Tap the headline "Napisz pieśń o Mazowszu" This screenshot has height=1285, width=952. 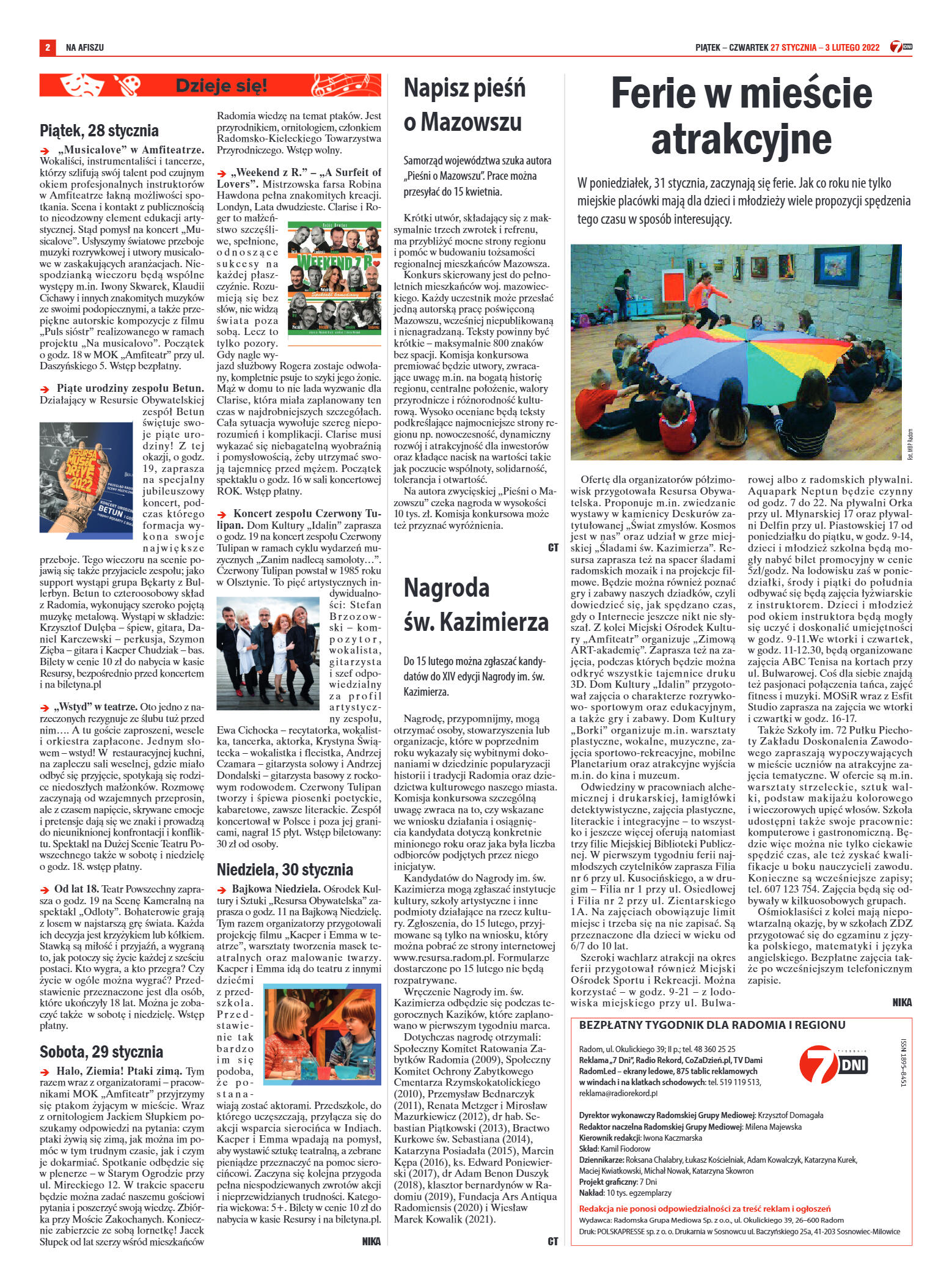[x=464, y=105]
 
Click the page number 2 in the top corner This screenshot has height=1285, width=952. [x=47, y=47]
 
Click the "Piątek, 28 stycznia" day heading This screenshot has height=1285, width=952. [x=99, y=130]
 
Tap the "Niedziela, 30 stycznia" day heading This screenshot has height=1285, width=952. [x=285, y=869]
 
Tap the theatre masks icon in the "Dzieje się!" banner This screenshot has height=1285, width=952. [x=84, y=85]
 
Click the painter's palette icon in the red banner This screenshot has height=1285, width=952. [x=127, y=85]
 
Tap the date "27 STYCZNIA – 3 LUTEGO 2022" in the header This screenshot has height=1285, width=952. [x=825, y=47]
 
